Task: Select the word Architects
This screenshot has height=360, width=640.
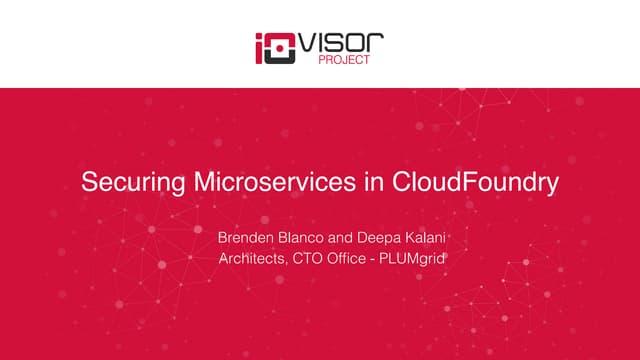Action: pyautogui.click(x=251, y=260)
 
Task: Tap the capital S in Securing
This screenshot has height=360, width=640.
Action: pyautogui.click(x=88, y=184)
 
